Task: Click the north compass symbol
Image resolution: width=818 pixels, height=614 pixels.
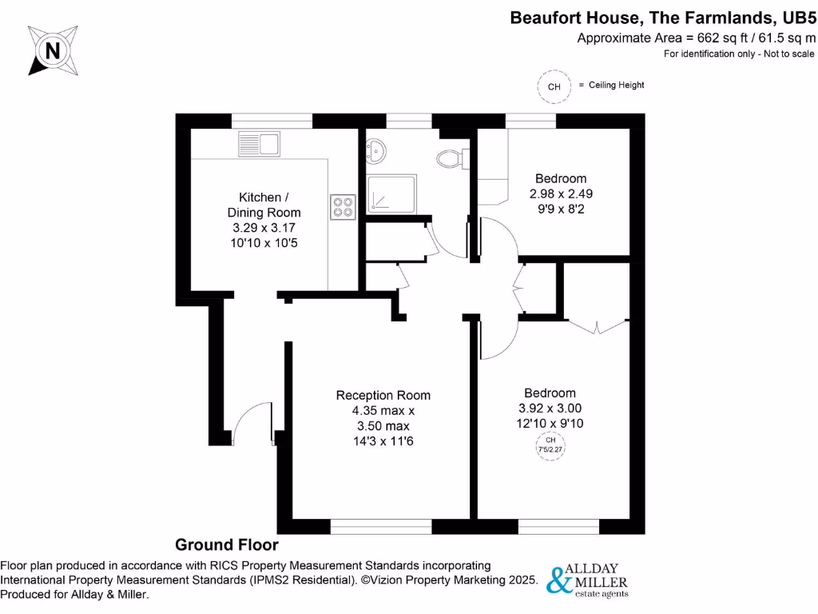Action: tap(54, 51)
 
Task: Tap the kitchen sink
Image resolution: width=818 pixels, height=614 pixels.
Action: tap(258, 145)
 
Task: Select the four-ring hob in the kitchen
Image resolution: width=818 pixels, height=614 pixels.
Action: tap(343, 207)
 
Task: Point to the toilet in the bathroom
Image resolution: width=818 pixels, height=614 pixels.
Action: tap(454, 158)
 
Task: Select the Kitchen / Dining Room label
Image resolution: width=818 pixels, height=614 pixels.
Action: tap(264, 205)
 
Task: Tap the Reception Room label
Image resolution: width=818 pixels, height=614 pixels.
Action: tap(383, 395)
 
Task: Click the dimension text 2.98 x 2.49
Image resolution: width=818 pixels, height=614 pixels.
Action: tap(560, 193)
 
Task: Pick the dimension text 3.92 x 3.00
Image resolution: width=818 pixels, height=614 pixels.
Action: tap(550, 409)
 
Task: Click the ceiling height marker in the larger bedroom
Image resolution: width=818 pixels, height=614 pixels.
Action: tap(550, 445)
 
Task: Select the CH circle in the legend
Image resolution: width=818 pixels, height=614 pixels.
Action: tap(554, 86)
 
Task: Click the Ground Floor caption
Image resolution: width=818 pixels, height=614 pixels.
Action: tap(227, 545)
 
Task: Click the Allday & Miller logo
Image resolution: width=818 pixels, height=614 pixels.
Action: tap(587, 580)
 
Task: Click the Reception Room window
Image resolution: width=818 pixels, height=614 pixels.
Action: tap(381, 526)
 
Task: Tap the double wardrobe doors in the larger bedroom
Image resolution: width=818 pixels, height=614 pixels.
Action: tap(595, 326)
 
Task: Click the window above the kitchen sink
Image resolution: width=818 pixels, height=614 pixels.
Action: tap(272, 121)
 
